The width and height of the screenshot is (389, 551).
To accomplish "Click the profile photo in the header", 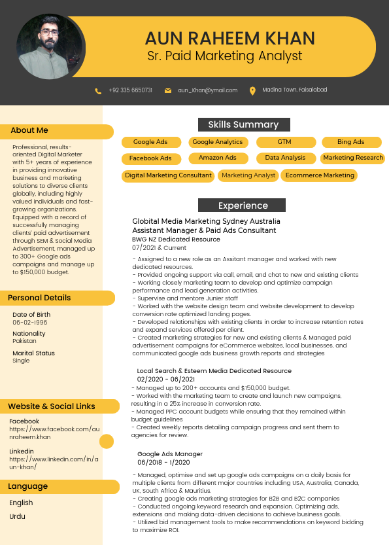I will [x=50, y=47].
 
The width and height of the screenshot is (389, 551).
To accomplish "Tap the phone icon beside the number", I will [x=98, y=90].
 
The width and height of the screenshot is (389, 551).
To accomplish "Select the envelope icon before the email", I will [x=168, y=90].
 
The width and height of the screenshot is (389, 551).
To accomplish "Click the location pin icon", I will [x=252, y=90].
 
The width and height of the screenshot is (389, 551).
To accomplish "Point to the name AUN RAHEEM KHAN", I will [x=229, y=38].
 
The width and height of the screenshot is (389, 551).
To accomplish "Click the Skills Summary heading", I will [x=243, y=125].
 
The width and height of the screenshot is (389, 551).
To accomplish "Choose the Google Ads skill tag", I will [x=150, y=142].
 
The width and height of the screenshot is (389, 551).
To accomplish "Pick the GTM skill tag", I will [x=284, y=142].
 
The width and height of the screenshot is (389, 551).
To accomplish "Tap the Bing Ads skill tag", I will [x=350, y=142].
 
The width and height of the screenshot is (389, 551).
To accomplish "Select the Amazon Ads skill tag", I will [x=218, y=158].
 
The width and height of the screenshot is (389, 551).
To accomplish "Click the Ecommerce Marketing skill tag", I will [x=320, y=175].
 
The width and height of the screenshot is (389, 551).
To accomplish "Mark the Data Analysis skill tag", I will [x=285, y=158].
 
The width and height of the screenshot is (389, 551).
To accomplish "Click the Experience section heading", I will [x=243, y=205].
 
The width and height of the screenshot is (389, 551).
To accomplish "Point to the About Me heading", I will [x=29, y=131].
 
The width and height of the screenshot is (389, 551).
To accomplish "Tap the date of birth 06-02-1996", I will [x=30, y=323].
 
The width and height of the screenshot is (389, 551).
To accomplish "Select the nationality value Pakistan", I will [x=25, y=342].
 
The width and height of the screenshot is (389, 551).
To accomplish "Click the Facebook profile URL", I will [x=54, y=433].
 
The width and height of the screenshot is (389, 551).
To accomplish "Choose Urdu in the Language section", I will [x=18, y=516].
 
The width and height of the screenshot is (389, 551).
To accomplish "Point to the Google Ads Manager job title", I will [x=170, y=454].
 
